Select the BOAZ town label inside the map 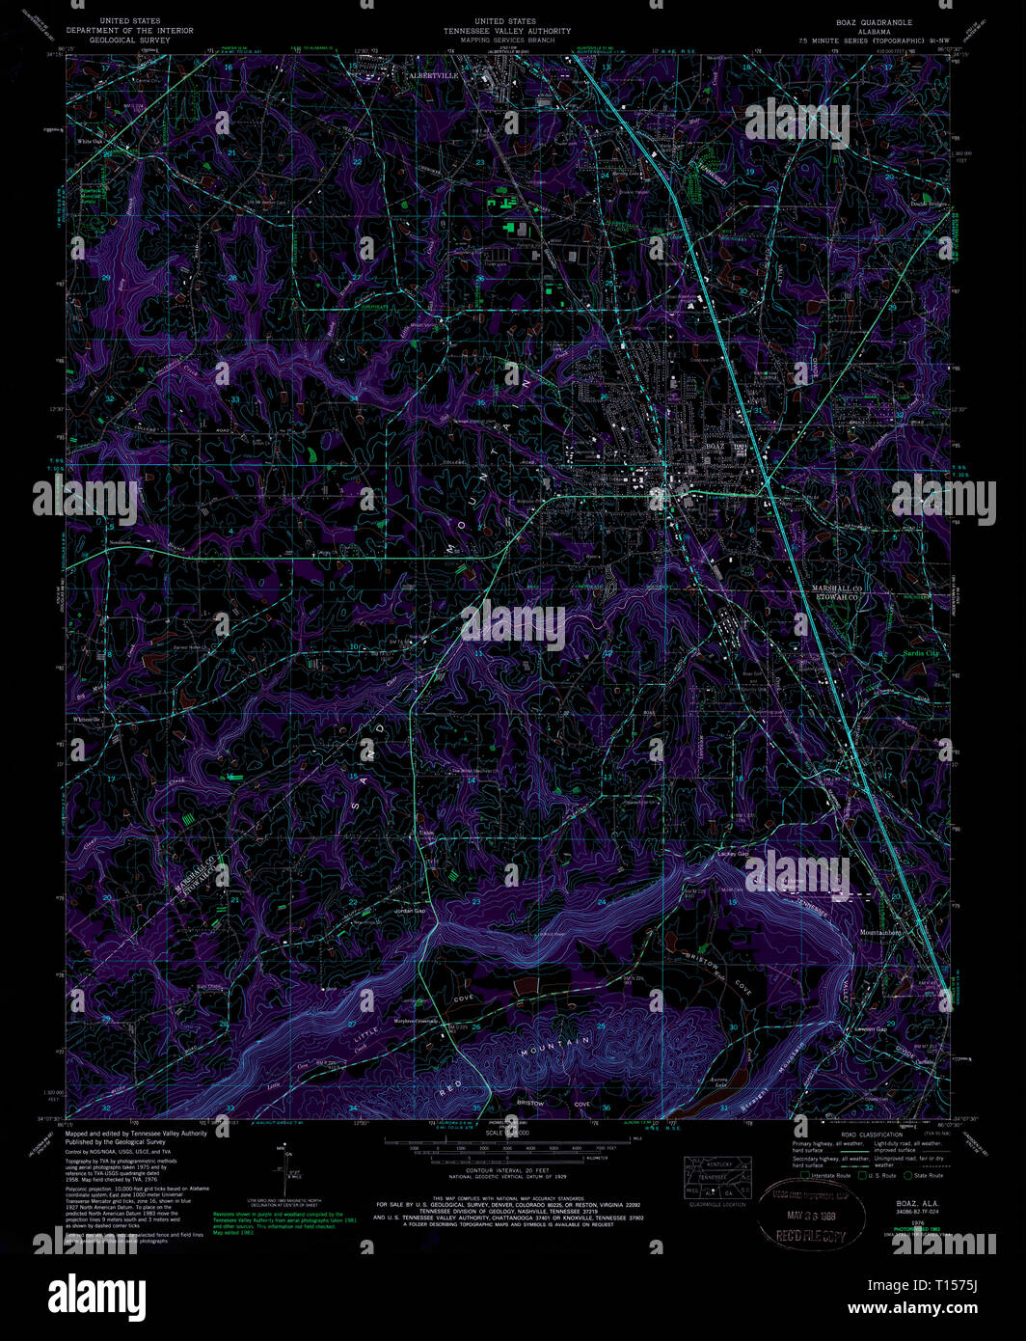tap(715, 447)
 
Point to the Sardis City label tap(920, 653)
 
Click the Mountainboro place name tap(879, 933)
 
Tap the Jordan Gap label tap(409, 911)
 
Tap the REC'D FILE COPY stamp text tap(801, 1235)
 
